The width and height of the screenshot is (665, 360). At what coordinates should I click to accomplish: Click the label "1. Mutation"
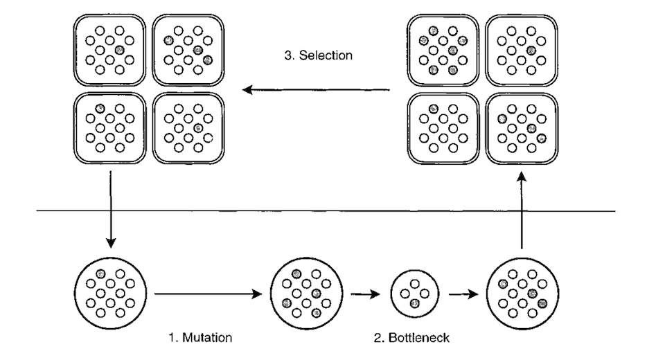click(200, 338)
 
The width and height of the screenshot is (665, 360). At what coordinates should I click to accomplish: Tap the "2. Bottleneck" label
click(412, 338)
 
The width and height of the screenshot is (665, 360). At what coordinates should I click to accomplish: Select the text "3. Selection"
click(319, 55)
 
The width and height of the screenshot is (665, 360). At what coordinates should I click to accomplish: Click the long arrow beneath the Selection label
click(316, 89)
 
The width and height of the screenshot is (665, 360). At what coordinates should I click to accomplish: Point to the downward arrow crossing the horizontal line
click(110, 208)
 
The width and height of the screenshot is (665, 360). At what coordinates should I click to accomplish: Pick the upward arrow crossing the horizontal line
click(522, 211)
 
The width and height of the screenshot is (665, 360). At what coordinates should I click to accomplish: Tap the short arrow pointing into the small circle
click(366, 294)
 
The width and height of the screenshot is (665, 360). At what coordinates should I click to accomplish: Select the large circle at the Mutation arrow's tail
click(109, 294)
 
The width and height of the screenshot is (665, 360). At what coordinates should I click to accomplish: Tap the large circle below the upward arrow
click(523, 294)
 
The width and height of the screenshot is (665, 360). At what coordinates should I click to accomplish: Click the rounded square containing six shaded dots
click(443, 51)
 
